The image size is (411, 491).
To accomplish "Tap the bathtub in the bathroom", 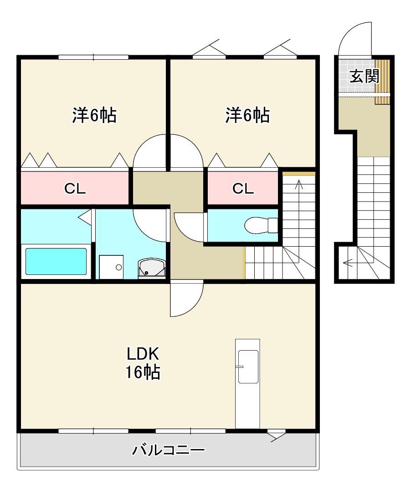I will point(56,261).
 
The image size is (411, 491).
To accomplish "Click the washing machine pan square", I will point(112,267).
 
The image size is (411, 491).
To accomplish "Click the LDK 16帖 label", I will point(143,363).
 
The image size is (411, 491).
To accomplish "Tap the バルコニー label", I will point(168,450).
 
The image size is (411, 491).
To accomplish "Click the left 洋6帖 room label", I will point(94,115).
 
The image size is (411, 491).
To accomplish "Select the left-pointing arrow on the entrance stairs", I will point(348,263).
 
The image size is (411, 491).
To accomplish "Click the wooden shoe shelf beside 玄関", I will point(383,81).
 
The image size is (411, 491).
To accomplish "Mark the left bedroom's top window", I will point(93,57).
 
